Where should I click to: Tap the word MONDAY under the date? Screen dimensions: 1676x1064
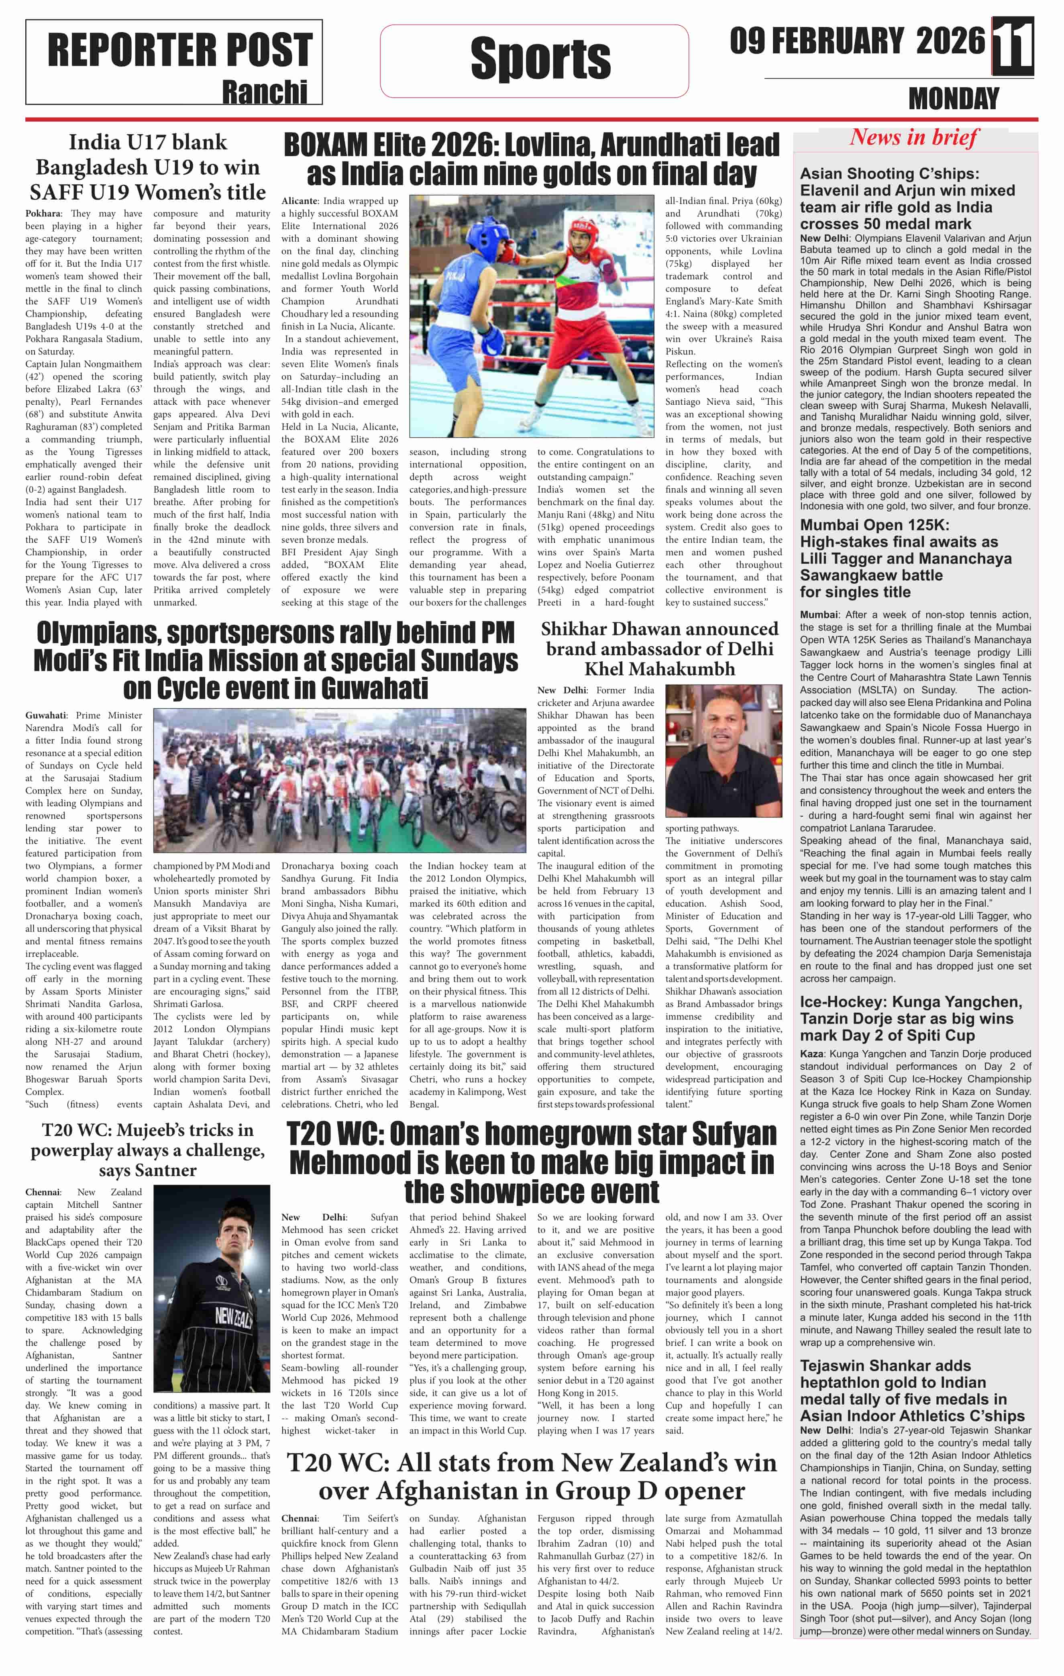(x=953, y=99)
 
